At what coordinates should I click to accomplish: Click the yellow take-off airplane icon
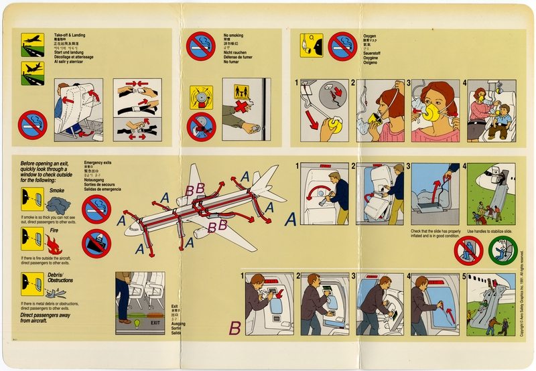point(32,42)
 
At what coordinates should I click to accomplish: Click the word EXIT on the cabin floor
point(155,323)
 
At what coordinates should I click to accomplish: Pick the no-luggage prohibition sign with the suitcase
point(96,242)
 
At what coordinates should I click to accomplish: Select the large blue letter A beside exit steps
point(290,218)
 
